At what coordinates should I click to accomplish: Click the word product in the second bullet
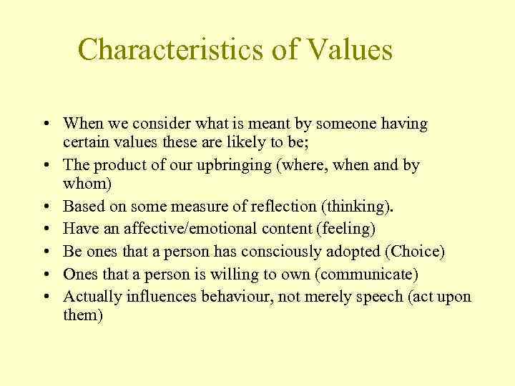click(116, 165)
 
